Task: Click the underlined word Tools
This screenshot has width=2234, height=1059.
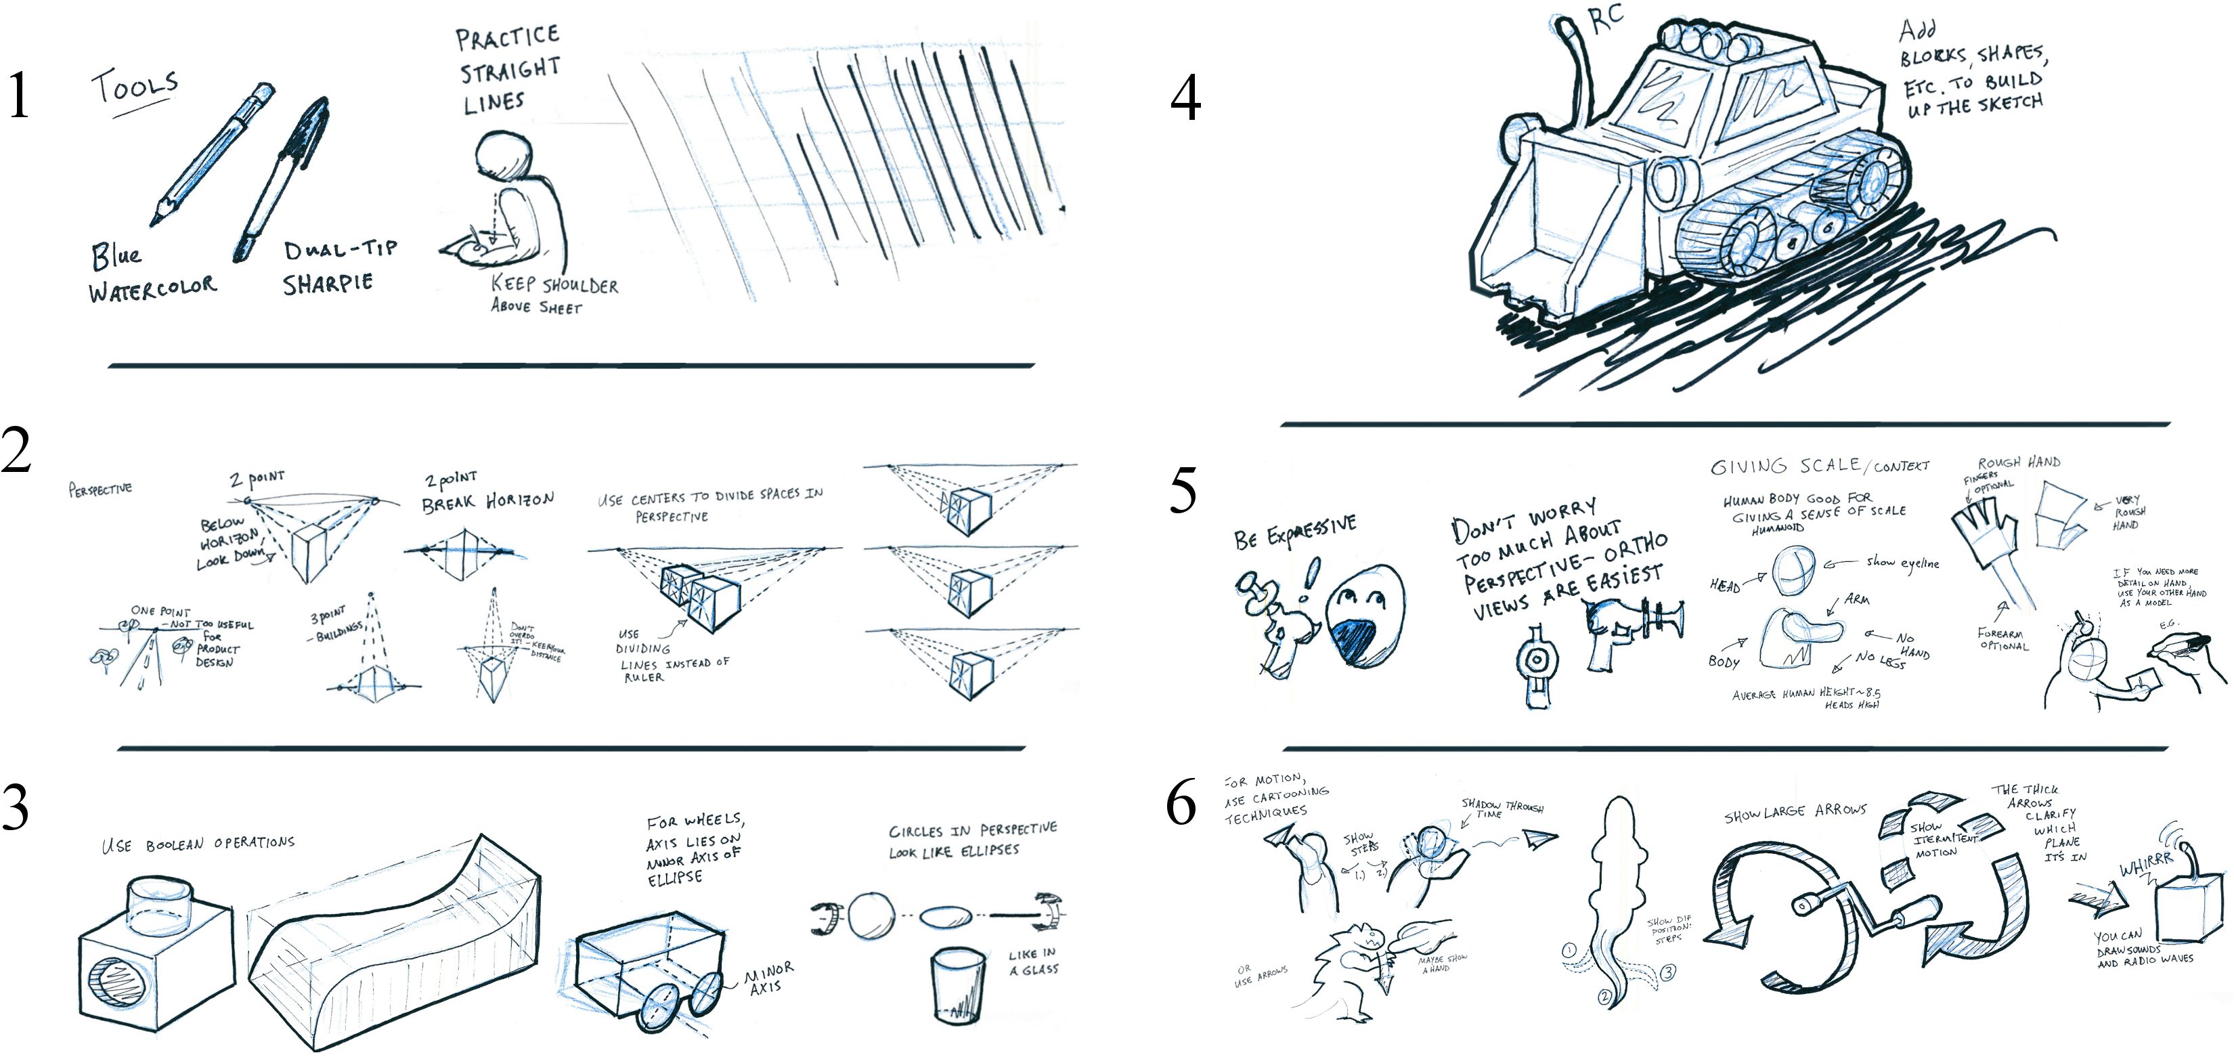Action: [x=135, y=87]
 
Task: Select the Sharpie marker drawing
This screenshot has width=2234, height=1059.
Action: [x=282, y=178]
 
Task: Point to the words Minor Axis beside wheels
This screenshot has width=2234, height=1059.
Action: [x=768, y=978]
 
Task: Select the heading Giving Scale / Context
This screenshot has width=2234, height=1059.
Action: [x=1818, y=466]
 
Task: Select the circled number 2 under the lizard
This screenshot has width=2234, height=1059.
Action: [x=1604, y=997]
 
